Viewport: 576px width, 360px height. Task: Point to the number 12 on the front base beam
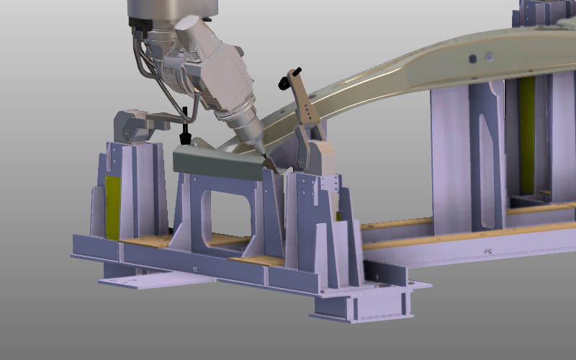[x=195, y=269]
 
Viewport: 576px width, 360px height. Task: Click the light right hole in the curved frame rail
[x=490, y=55]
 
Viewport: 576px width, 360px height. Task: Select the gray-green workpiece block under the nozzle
[x=216, y=163]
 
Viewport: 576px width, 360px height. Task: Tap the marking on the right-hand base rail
[x=487, y=251]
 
